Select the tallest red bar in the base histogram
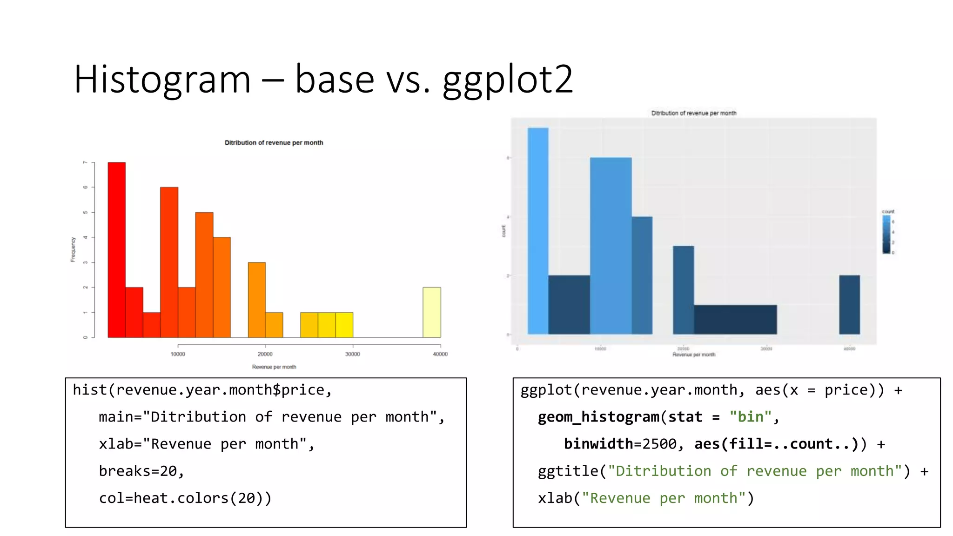click(x=116, y=249)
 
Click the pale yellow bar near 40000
click(x=431, y=312)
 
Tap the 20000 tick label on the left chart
click(x=265, y=354)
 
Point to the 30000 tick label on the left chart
click(x=352, y=354)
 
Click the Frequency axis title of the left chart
click(x=73, y=249)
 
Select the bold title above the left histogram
click(x=274, y=143)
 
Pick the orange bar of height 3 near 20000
click(x=256, y=300)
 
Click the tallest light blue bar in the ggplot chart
click(x=538, y=231)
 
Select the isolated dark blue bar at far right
click(x=849, y=305)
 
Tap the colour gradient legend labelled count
click(x=886, y=234)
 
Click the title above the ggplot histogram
click(x=693, y=113)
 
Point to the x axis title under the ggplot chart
click(x=693, y=355)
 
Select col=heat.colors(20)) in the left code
click(x=185, y=498)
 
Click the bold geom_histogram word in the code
click(x=598, y=417)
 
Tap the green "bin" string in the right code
click(x=750, y=417)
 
